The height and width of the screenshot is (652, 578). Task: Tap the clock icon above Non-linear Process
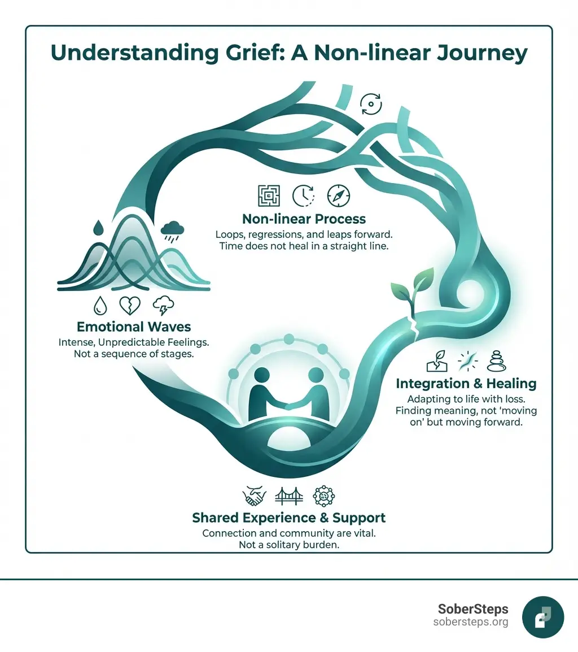click(x=303, y=195)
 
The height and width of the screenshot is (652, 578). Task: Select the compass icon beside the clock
click(x=338, y=195)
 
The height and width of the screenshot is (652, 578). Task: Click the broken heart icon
click(x=130, y=306)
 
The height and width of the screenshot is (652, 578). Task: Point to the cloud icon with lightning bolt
click(x=163, y=306)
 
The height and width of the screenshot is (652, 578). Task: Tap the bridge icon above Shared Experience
click(x=288, y=495)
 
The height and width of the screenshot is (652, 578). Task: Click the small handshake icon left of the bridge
click(x=255, y=495)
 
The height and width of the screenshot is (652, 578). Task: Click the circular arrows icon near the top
click(x=371, y=104)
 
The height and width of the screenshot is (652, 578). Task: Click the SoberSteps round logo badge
click(x=543, y=616)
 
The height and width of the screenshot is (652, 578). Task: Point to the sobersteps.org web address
click(x=470, y=622)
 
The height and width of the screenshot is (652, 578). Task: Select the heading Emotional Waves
click(x=133, y=327)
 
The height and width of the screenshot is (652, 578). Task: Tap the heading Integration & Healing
click(x=466, y=384)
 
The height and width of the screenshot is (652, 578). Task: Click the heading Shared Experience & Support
click(x=288, y=518)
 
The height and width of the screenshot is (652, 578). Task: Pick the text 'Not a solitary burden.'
click(x=288, y=544)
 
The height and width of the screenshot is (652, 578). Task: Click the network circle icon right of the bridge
click(x=323, y=495)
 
